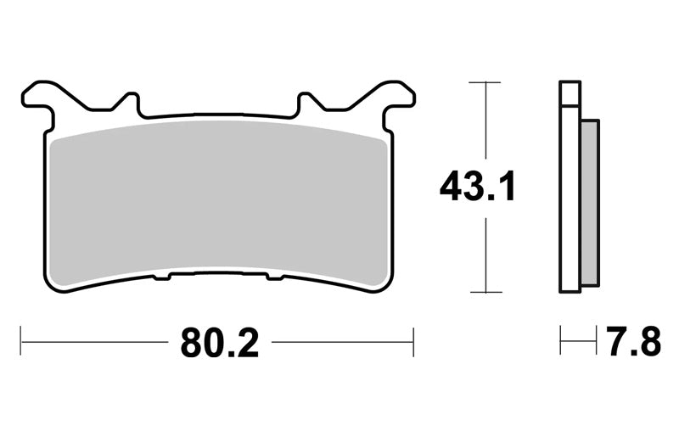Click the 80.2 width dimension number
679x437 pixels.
click(220, 343)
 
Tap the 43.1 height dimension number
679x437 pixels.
click(477, 186)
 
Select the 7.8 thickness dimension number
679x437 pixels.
click(633, 341)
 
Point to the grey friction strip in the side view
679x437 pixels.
click(590, 203)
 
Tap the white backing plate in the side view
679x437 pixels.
click(570, 199)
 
